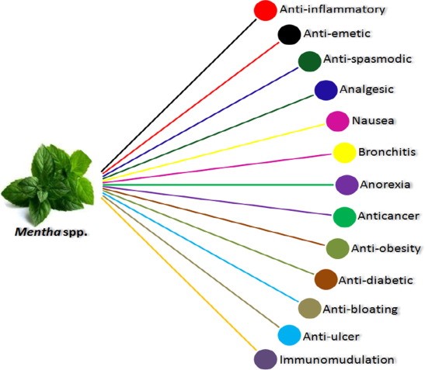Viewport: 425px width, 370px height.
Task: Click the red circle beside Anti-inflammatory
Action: tap(266, 10)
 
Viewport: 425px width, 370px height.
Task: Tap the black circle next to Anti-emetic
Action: tap(289, 34)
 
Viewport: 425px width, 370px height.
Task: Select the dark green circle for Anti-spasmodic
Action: tap(309, 61)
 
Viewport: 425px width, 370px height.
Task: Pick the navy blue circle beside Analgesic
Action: tap(326, 90)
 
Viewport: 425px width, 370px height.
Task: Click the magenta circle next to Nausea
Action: tap(337, 121)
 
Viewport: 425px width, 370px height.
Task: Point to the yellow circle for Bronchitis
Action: tap(344, 153)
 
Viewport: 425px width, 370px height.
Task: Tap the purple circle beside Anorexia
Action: tap(347, 185)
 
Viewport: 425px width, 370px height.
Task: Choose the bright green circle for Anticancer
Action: tap(344, 217)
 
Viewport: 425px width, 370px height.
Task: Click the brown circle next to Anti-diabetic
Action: tap(326, 279)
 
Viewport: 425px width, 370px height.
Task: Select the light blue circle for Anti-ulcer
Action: tap(289, 335)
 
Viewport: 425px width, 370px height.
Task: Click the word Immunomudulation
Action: tap(337, 360)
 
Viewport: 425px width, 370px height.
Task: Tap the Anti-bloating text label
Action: tap(361, 309)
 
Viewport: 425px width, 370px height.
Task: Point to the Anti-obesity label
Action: tap(385, 248)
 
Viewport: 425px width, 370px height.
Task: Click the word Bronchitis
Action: tap(387, 152)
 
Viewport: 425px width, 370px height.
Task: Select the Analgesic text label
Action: tap(367, 89)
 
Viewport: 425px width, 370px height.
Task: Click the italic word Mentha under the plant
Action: tap(37, 232)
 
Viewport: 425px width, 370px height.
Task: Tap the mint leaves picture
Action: tap(47, 185)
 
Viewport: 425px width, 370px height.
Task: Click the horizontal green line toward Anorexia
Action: tap(218, 185)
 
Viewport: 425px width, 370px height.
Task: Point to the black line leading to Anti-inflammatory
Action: tap(179, 95)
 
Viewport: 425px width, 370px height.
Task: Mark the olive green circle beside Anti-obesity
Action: tap(337, 248)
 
